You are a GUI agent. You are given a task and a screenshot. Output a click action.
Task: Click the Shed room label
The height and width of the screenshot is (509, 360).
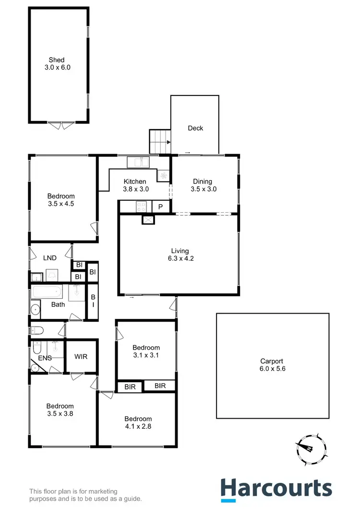[x=57, y=64]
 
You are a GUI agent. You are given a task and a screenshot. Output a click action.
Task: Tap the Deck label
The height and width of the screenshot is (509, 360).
[x=195, y=128]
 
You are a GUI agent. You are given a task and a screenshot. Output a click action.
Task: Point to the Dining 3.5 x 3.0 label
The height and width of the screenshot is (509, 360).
[x=202, y=185]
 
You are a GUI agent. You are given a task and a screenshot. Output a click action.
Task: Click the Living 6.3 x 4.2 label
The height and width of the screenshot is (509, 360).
[x=180, y=254]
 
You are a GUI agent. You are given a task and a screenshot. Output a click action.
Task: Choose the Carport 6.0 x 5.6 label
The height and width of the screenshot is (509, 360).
[x=272, y=365]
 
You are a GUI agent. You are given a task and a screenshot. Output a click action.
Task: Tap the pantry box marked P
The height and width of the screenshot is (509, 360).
[x=160, y=207]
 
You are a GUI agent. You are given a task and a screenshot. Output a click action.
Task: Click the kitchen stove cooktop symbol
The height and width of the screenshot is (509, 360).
[x=142, y=207]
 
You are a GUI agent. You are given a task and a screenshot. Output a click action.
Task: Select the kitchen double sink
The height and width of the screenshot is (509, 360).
[x=138, y=162]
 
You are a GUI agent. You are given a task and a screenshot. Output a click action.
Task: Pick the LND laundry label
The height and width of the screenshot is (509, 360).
[x=50, y=258]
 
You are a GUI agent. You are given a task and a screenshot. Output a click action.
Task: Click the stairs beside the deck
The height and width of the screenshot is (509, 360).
[x=160, y=142]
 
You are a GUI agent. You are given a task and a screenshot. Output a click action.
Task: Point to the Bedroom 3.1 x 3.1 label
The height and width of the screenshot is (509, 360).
[x=146, y=351]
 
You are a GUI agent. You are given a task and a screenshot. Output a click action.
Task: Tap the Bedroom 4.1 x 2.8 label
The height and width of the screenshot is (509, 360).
[x=138, y=423]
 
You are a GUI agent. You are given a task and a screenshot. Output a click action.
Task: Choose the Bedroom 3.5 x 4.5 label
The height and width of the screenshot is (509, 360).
[x=61, y=200]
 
